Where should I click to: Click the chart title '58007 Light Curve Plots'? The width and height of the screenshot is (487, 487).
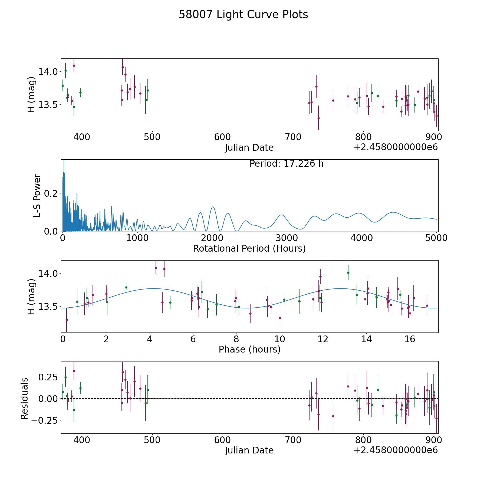243,15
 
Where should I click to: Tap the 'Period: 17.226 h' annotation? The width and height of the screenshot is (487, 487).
287,164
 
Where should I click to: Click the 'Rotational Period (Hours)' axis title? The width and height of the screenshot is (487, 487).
249,248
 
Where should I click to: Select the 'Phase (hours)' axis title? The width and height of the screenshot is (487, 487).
249,349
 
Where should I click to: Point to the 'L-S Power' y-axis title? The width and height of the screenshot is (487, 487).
37,196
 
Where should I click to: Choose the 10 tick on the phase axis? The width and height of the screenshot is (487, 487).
280,339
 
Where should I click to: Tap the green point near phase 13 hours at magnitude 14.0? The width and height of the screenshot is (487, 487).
348,273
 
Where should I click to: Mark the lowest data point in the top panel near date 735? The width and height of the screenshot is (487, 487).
318,118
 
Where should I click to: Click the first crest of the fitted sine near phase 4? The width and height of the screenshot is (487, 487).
153,288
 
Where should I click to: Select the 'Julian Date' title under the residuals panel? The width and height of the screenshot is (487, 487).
249,450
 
